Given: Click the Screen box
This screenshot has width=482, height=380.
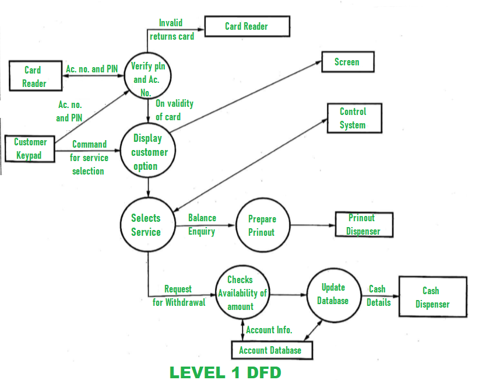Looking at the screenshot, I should (x=347, y=62).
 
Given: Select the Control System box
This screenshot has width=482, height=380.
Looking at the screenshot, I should (x=353, y=118).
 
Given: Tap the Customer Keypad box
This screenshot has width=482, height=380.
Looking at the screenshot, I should (x=30, y=149).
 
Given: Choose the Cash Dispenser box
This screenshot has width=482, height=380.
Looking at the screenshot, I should (x=432, y=297).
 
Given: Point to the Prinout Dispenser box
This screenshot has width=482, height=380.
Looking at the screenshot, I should (x=363, y=225).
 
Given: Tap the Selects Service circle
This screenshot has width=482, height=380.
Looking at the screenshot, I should (x=146, y=225).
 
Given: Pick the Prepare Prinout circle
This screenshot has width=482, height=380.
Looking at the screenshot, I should (x=262, y=225).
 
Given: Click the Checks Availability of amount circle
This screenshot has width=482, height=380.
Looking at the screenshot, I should (x=241, y=293).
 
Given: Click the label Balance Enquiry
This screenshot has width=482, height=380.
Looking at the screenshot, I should (x=202, y=225).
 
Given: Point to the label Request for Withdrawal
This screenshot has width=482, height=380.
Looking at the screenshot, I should (x=179, y=296).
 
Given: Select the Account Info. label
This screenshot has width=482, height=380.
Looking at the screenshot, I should (x=269, y=330).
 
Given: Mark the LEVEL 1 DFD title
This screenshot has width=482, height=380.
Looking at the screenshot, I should (x=225, y=372).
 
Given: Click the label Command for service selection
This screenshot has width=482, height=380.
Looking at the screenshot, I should (x=89, y=158).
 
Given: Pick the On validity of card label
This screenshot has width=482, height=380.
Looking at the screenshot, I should (x=174, y=110).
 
